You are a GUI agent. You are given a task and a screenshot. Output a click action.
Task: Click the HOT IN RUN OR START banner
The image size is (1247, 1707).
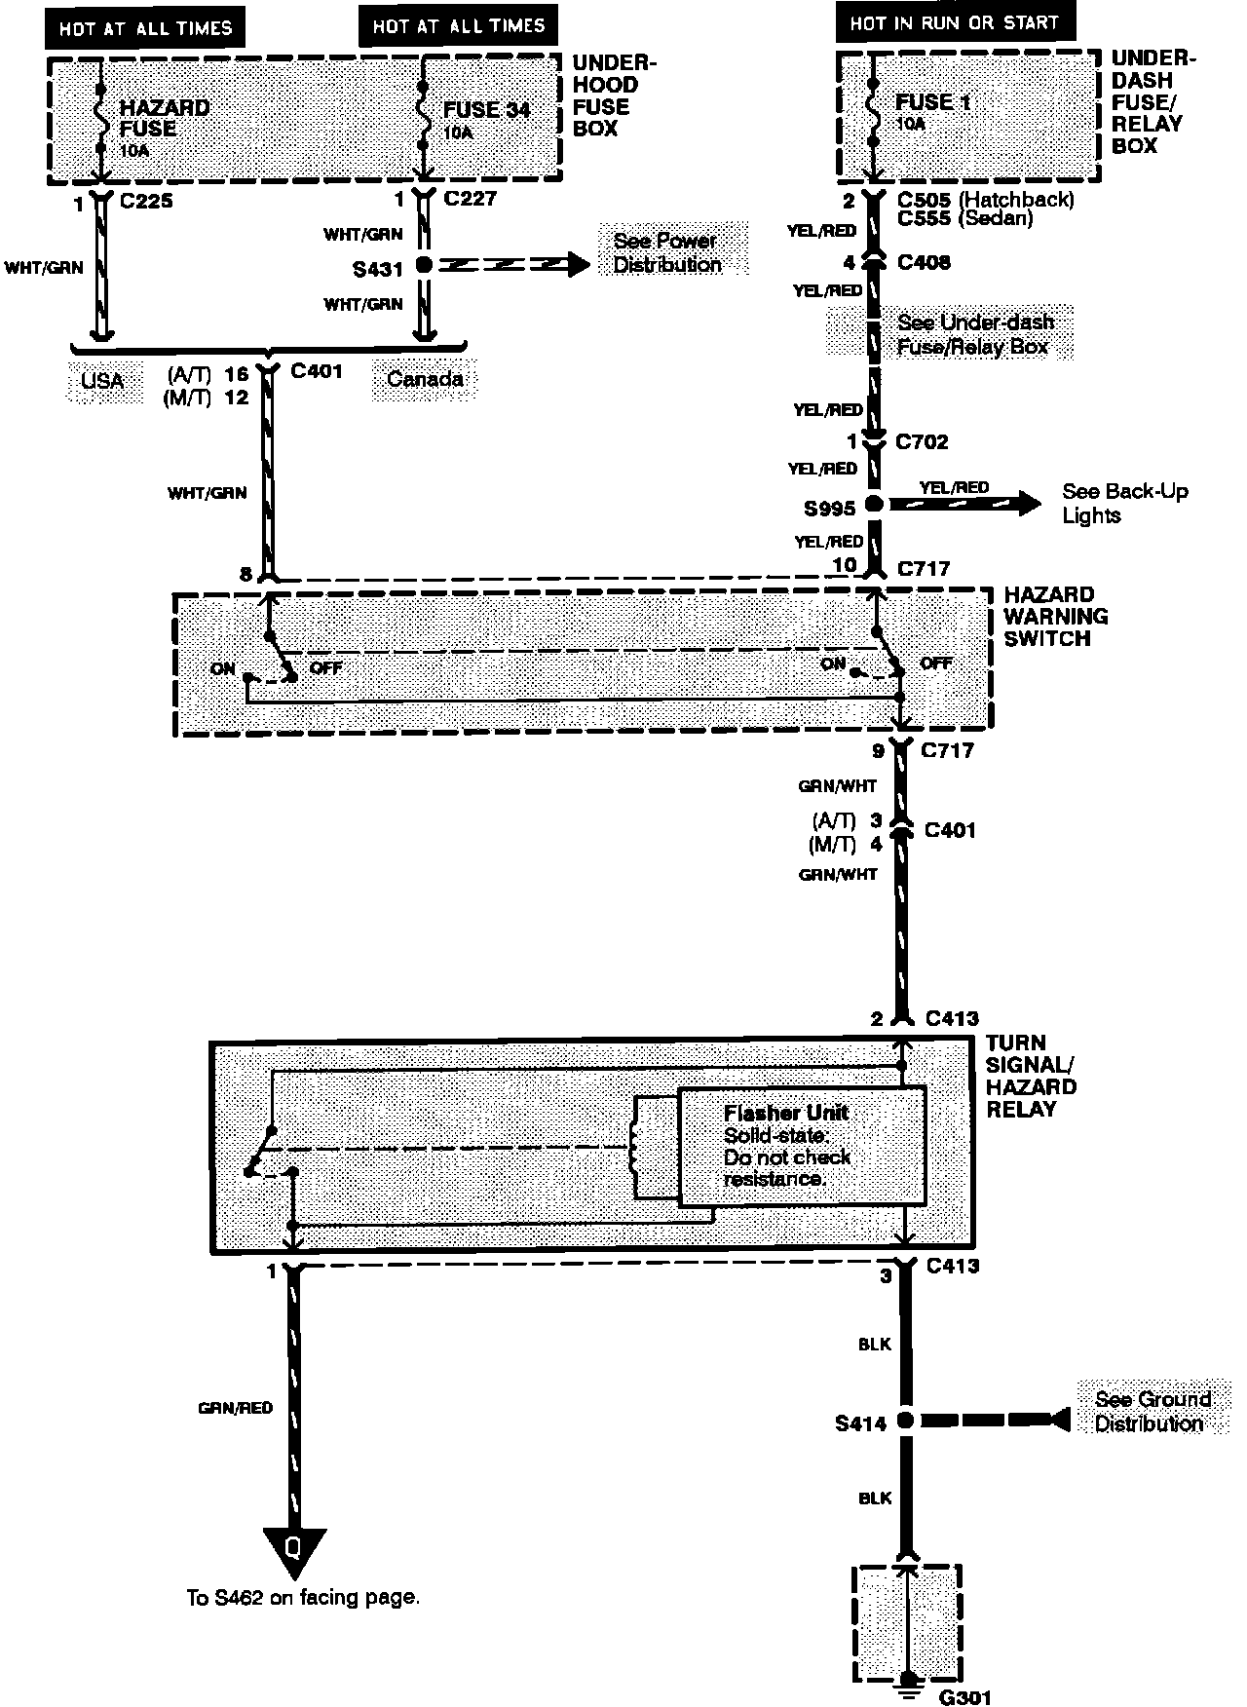[955, 22]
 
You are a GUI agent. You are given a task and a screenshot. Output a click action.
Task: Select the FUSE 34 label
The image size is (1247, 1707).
[486, 110]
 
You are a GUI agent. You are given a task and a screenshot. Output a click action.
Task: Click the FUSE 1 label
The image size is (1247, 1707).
[932, 102]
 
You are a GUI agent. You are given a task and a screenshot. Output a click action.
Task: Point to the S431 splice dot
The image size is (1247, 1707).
[424, 265]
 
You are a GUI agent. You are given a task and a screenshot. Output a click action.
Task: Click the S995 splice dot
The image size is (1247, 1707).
[874, 505]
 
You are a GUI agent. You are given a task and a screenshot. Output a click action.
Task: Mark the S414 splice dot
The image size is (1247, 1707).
[905, 1421]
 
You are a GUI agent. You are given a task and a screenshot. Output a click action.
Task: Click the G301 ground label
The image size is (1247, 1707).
[964, 1696]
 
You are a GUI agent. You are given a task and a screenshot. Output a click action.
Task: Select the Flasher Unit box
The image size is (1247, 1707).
[802, 1146]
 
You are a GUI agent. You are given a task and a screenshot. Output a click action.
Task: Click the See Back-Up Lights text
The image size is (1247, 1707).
[1124, 503]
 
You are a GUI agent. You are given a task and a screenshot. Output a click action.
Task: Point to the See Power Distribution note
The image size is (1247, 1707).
[667, 252]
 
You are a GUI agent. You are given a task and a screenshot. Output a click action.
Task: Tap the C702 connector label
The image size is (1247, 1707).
[922, 442]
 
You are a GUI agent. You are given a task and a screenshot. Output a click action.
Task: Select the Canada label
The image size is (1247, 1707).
[425, 379]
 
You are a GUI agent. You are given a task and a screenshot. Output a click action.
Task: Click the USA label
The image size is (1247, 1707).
[102, 379]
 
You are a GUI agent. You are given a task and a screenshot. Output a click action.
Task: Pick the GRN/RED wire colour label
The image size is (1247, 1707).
[235, 1408]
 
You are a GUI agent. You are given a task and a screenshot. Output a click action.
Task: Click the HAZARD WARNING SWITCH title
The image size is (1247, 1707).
[1055, 616]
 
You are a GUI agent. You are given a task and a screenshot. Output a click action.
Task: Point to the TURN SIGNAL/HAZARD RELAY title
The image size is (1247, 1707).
[1031, 1076]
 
